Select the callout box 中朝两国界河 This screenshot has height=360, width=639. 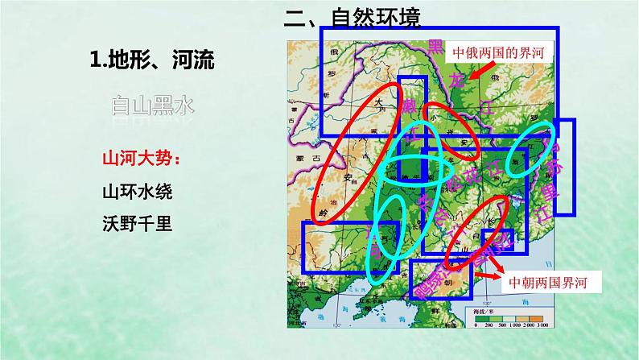[x=555, y=283]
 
